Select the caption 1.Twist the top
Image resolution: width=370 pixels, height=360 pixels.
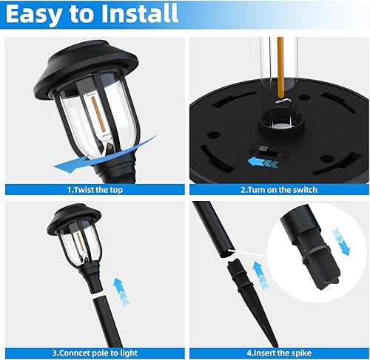tap(92, 189)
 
